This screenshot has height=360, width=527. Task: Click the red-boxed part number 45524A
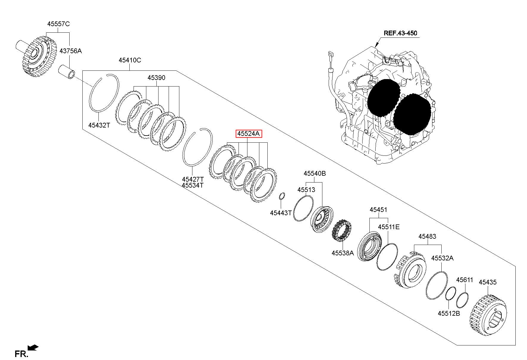[248, 134]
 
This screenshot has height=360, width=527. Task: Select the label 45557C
[59, 24]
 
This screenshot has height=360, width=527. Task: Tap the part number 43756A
[70, 51]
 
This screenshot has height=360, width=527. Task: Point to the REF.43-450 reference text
[400, 33]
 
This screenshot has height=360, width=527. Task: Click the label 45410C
[130, 60]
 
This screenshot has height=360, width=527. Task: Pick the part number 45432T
[99, 125]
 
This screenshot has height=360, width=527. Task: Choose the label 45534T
[193, 185]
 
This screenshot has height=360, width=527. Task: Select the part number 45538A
[343, 253]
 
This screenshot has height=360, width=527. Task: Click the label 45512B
[449, 313]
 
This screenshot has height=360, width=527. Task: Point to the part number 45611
[465, 280]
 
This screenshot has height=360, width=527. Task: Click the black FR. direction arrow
[32, 348]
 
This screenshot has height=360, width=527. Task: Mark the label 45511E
[389, 227]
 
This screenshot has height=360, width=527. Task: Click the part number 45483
[427, 237]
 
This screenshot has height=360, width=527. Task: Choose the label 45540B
[315, 173]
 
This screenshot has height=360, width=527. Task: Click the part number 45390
[156, 78]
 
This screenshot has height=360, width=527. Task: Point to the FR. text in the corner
[21, 354]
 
